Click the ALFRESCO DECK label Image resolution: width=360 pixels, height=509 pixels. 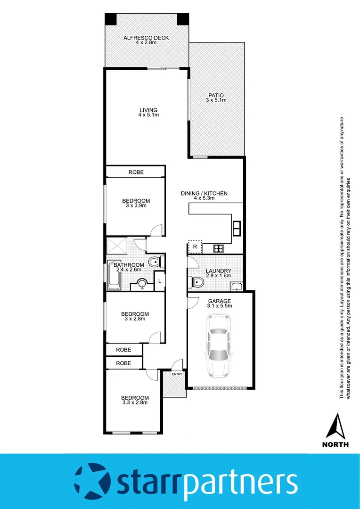146,38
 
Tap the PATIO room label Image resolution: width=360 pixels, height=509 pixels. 216,95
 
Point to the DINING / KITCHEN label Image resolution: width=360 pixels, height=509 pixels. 204,193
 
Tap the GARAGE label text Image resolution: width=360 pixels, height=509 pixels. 220,301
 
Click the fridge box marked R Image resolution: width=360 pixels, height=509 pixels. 195,246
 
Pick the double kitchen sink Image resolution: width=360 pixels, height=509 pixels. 237,228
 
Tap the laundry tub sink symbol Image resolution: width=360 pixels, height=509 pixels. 237,286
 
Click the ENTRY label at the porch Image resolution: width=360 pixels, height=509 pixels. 177,374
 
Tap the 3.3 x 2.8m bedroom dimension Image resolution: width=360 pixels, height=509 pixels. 135,402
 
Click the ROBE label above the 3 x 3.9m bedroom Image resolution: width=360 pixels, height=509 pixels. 136,172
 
